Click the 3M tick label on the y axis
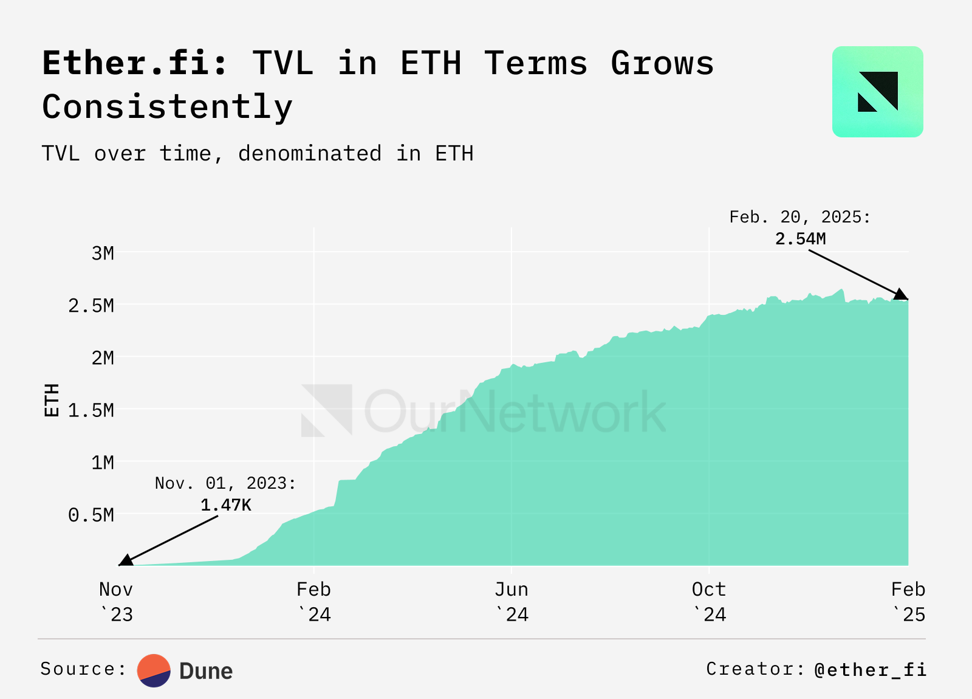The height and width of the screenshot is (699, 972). coord(103,253)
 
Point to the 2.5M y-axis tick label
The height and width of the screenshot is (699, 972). coord(91,305)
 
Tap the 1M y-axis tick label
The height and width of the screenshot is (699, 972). coord(103,463)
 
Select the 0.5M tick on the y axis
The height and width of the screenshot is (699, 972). coord(91,515)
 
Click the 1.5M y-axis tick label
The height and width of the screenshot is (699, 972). coord(91,410)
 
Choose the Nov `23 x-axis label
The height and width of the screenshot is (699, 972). coord(116,602)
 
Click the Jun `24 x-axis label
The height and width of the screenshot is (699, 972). coord(512,602)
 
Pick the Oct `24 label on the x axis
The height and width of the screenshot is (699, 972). coord(709,602)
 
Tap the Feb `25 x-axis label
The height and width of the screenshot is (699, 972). coord(908,602)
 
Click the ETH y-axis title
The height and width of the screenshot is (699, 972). coord(52,400)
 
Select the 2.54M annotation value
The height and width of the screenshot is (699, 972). coord(800,238)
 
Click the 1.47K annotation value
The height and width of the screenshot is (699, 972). coord(225,504)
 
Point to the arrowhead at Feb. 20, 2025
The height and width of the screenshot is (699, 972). coord(901,295)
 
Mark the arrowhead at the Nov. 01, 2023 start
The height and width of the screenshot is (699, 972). coord(126,560)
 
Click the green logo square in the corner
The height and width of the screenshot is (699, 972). coord(877,92)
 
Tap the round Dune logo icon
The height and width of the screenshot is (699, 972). coord(154,670)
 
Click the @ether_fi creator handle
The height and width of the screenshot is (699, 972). coord(870,669)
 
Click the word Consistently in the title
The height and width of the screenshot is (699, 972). coord(167,107)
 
